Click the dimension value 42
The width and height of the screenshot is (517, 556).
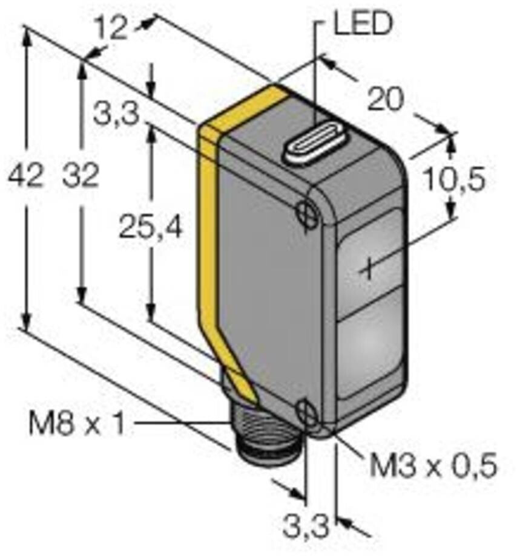(x=25, y=176)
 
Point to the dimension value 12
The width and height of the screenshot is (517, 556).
(x=114, y=27)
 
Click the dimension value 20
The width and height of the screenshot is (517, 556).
(x=385, y=100)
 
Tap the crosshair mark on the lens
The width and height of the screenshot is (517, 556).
(x=367, y=267)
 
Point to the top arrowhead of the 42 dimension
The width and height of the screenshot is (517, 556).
(x=25, y=33)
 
